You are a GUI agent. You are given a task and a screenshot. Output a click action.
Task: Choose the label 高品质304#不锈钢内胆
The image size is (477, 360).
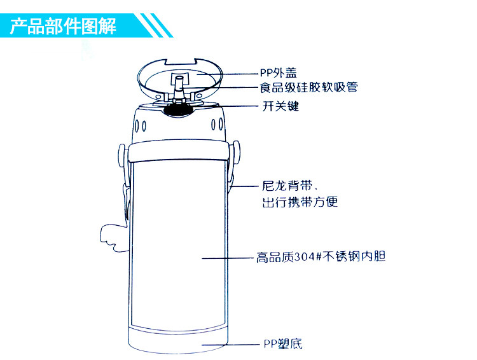pyautogui.click(x=321, y=258)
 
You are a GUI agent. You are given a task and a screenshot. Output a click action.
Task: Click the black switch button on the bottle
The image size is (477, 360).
pyautogui.click(x=178, y=110)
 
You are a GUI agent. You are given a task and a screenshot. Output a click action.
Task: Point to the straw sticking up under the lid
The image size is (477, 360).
pyautogui.click(x=179, y=85)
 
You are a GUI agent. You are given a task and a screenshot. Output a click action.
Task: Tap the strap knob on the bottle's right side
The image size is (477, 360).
pyautogui.click(x=236, y=153)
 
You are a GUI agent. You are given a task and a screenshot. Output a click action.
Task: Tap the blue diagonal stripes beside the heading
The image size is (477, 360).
pyautogui.click(x=156, y=26)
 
